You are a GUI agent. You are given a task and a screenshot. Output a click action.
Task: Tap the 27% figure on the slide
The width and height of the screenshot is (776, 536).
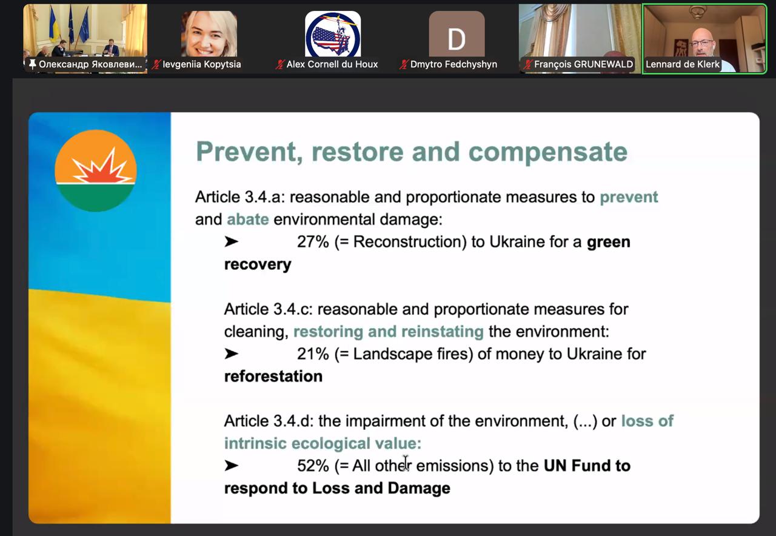click(x=313, y=242)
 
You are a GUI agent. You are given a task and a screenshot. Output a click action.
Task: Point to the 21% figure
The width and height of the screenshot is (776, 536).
click(x=313, y=354)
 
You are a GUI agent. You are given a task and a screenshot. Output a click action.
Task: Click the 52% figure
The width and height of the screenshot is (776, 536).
click(x=313, y=466)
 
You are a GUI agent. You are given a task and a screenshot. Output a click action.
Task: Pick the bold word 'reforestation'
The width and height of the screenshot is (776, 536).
click(x=273, y=377)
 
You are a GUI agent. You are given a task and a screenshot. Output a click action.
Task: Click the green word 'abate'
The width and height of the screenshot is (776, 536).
click(x=248, y=219)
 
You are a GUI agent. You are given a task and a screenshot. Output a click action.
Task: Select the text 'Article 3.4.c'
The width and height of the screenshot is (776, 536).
click(x=269, y=309)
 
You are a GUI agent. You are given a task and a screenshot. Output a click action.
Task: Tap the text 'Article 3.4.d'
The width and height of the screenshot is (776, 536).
click(x=269, y=421)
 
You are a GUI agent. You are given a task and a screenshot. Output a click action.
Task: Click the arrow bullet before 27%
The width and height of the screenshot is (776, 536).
click(x=231, y=241)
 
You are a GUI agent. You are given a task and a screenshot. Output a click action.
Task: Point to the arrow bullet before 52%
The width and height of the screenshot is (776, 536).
click(x=231, y=466)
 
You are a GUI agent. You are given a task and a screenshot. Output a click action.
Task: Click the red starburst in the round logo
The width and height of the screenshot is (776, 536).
click(x=101, y=168)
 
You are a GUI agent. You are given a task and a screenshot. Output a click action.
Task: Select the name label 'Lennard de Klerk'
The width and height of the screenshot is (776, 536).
click(x=683, y=64)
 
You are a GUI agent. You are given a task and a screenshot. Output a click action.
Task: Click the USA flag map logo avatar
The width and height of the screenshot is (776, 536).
click(x=333, y=35)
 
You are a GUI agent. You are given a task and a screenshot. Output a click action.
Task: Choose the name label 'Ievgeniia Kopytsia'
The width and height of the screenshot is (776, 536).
click(x=202, y=64)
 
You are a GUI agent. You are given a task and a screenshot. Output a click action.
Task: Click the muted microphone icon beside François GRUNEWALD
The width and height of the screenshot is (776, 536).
click(x=527, y=64)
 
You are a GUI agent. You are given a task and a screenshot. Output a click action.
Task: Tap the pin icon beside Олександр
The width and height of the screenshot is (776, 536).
click(x=33, y=64)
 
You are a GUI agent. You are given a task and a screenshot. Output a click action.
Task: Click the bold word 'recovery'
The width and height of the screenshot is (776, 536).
click(x=258, y=265)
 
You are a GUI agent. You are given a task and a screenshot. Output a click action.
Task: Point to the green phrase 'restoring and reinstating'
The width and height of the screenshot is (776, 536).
click(x=389, y=332)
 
